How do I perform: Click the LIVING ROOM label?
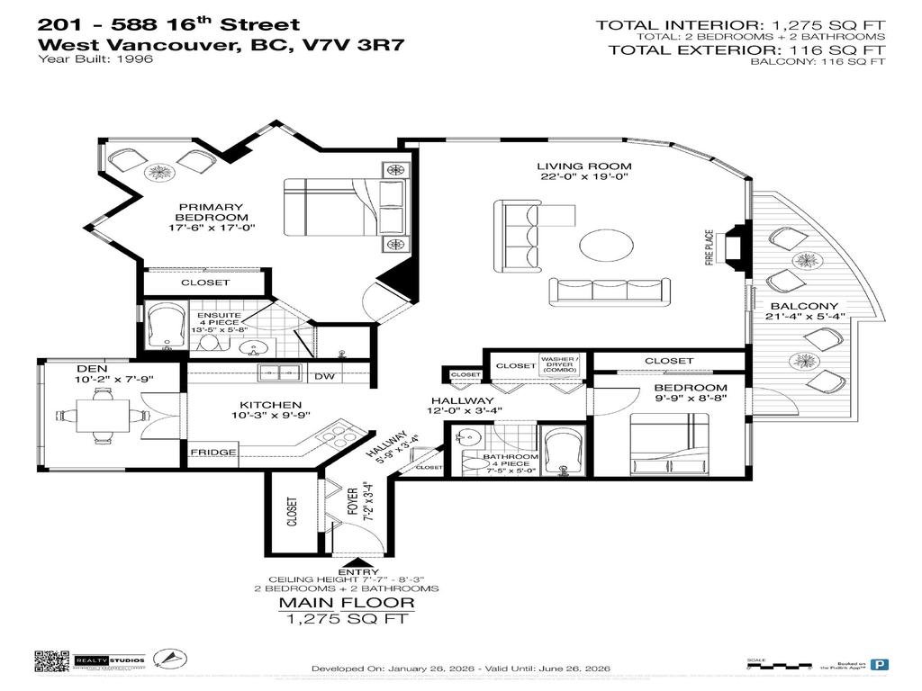point(584,166)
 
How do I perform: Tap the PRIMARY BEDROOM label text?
point(212,211)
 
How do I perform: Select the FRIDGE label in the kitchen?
point(213,453)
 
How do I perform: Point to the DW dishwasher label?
point(325,376)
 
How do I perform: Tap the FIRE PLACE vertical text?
point(709,247)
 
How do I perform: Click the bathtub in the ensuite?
point(167,326)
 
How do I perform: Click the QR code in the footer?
point(50,661)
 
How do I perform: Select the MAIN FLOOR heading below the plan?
point(347,603)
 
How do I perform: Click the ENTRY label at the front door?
point(347,571)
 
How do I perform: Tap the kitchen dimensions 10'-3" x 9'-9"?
point(258,417)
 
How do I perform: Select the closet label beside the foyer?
point(292,513)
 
